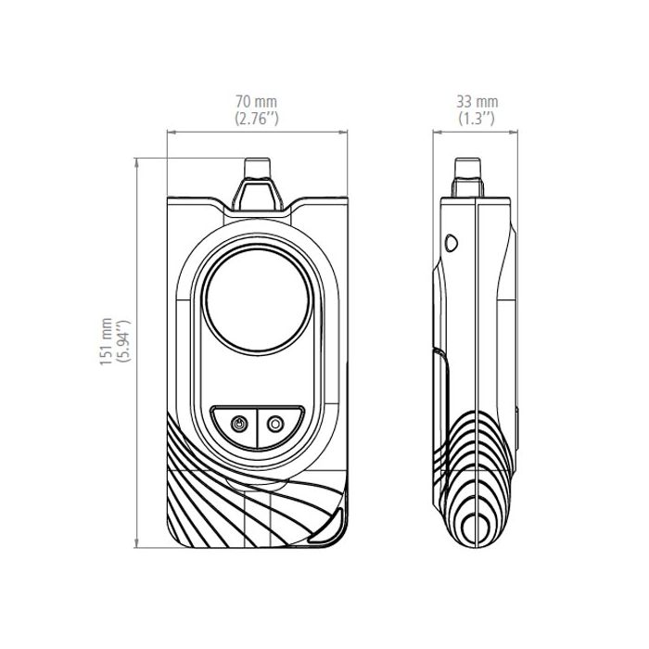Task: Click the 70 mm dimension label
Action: [x=256, y=101]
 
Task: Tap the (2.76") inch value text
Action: [x=257, y=119]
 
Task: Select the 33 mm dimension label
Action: [x=477, y=101]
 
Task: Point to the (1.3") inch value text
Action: [x=477, y=119]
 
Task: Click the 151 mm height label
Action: [x=106, y=341]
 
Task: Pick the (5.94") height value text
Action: [x=123, y=341]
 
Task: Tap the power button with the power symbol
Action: [x=239, y=425]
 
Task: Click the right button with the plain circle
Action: [x=275, y=425]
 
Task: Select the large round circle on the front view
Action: [x=258, y=300]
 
